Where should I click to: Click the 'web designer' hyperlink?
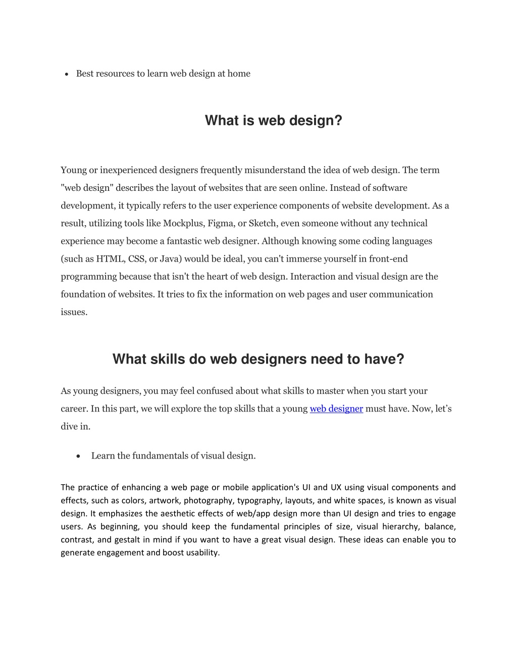[336, 408]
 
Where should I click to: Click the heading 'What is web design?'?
[273, 121]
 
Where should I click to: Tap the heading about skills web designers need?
[258, 359]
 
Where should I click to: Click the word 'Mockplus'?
[182, 223]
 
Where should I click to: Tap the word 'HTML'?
[110, 259]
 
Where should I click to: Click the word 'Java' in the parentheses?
[167, 259]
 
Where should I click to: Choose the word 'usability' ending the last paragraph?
[202, 552]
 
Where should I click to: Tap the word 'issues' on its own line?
[74, 312]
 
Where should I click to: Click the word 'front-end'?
[388, 259]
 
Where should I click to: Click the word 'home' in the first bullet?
[239, 74]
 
